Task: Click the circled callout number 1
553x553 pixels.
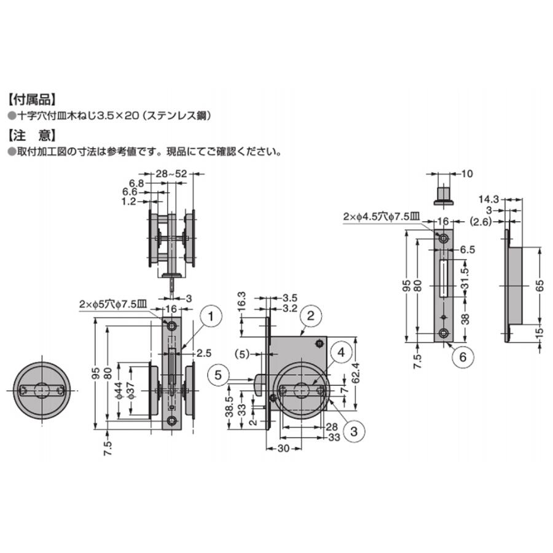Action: coord(211,316)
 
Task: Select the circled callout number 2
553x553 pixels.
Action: coord(310,315)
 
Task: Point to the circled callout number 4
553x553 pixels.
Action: coord(341,352)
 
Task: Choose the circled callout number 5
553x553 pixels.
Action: coord(218,375)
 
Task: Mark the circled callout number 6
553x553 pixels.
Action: coord(462,357)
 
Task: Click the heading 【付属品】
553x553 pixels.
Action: coord(32,100)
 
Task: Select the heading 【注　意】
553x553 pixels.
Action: coord(32,135)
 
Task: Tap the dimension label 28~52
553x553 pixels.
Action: coord(171,173)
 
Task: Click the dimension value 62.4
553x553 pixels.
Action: coord(356,372)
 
